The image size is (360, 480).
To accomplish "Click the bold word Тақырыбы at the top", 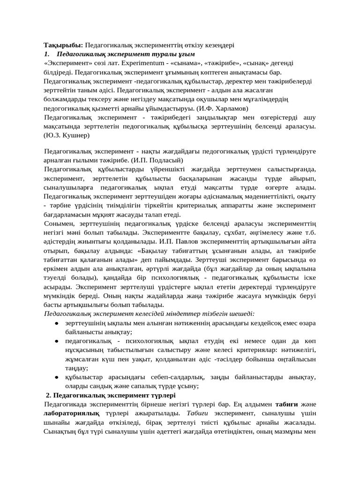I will coord(63,45).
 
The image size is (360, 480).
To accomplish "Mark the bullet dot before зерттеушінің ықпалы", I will coord(56,324).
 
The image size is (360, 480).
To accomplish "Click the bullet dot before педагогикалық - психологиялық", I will coord(56,342).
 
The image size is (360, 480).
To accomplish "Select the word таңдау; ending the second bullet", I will coord(77,368).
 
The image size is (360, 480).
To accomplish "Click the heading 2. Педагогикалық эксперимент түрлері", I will coord(111,395).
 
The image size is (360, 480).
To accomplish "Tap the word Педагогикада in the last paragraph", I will coord(67,405).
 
